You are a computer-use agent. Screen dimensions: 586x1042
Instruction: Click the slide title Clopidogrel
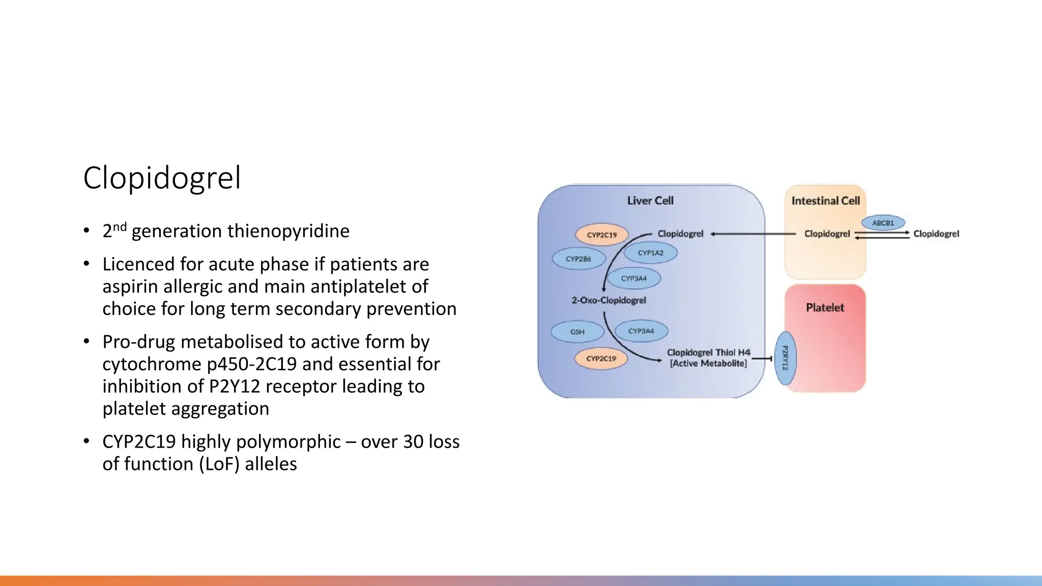click(x=162, y=178)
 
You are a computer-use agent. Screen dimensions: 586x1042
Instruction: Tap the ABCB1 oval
click(x=883, y=223)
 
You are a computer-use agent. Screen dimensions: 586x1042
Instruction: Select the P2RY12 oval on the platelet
click(x=785, y=358)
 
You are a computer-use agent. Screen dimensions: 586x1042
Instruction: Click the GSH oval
click(x=577, y=332)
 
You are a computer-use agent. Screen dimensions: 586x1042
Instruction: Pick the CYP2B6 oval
click(x=578, y=259)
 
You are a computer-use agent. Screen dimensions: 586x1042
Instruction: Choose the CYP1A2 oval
click(x=650, y=253)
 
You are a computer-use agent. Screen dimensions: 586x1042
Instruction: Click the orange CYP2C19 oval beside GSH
click(x=601, y=359)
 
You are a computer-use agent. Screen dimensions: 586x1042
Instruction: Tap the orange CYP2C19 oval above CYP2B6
click(x=602, y=235)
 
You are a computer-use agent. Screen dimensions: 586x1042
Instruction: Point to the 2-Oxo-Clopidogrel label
click(x=609, y=300)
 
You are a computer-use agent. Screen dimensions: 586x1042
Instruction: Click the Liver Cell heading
click(x=650, y=200)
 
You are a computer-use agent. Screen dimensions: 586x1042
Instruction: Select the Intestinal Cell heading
click(x=825, y=201)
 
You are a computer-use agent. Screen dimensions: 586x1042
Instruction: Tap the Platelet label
click(x=825, y=307)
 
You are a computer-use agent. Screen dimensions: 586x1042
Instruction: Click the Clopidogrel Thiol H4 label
click(x=708, y=353)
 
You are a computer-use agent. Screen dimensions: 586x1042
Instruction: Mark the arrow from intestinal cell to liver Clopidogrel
click(x=753, y=234)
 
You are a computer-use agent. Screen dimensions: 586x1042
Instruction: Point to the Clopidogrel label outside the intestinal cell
click(x=936, y=234)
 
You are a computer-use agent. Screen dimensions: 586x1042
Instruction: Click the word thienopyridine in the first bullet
click(x=288, y=231)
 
